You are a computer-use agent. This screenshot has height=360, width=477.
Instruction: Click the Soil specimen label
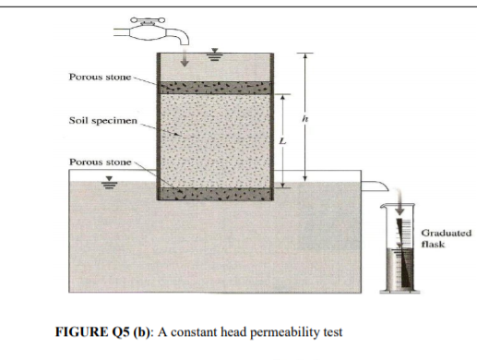(x=100, y=121)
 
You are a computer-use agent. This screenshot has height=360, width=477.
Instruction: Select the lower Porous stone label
(x=100, y=162)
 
